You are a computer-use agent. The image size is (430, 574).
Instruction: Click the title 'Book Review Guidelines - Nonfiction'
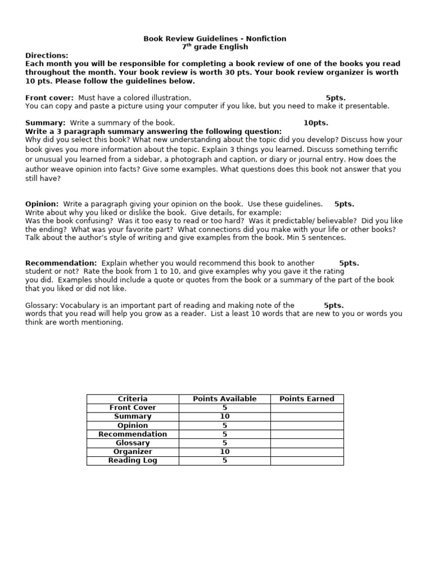point(215,39)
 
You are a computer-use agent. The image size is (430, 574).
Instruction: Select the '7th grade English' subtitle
point(215,47)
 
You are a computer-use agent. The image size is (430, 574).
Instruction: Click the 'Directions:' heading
point(47,55)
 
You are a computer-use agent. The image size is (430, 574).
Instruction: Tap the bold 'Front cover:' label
point(50,98)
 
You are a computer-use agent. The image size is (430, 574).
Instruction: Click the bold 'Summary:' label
point(45,123)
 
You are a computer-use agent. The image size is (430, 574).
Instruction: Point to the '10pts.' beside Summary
point(316,123)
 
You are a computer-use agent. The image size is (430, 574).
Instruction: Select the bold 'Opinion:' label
point(42,204)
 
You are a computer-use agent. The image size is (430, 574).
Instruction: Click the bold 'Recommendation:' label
point(61,263)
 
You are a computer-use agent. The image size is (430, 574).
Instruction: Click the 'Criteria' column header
point(133,399)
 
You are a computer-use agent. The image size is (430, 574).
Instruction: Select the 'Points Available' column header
point(225,399)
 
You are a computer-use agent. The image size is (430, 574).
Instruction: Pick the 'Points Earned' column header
point(307,399)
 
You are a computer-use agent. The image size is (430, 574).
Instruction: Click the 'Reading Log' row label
point(133,461)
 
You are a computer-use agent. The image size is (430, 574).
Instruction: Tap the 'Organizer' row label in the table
point(133,452)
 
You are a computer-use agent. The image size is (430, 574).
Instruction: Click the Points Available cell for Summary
point(225,416)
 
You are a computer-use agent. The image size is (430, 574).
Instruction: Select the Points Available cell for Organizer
point(225,452)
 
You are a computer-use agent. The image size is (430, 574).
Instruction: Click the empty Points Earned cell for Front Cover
point(307,408)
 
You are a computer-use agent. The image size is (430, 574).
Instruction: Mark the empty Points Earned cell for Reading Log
point(307,461)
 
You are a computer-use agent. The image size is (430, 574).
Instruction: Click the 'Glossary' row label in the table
point(133,443)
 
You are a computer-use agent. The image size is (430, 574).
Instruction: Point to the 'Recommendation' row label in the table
point(133,434)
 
